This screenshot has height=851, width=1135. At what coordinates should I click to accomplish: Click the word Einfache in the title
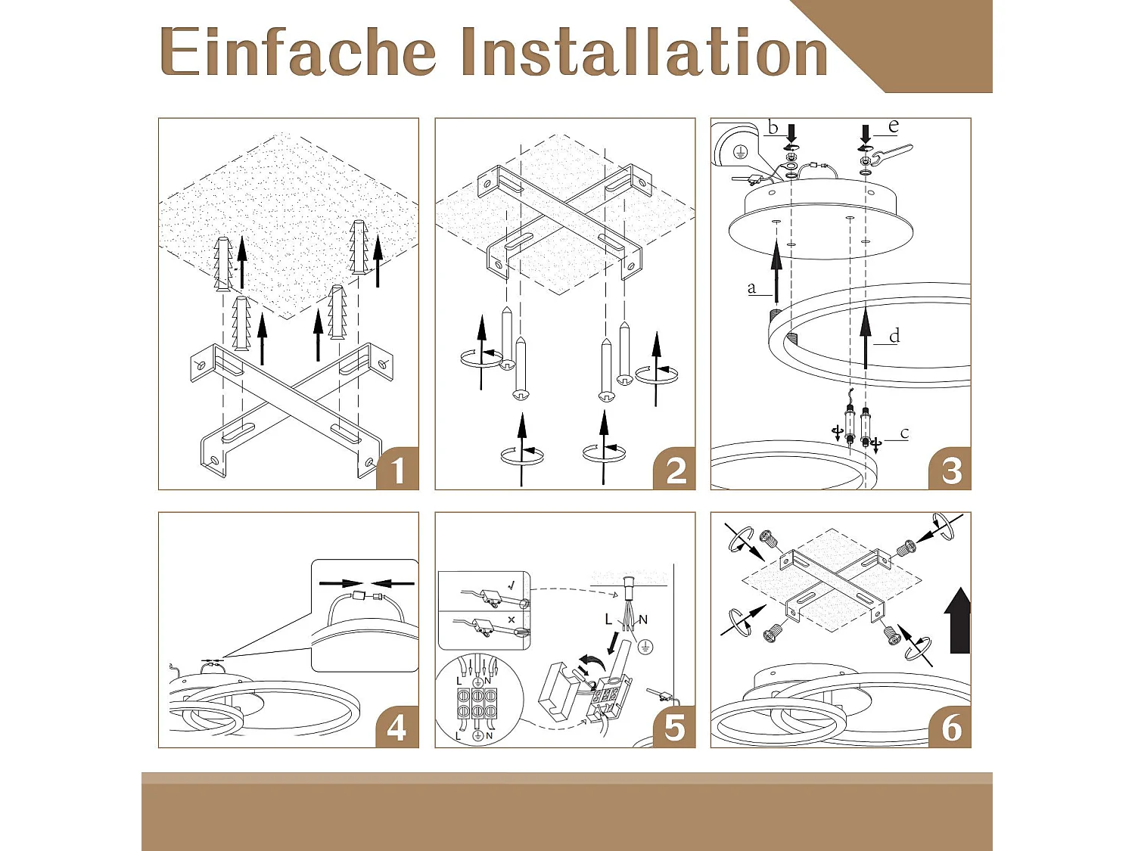(x=298, y=51)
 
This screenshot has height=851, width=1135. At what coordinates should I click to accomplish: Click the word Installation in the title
(x=645, y=51)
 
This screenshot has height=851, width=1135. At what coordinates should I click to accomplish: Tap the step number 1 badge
(x=397, y=469)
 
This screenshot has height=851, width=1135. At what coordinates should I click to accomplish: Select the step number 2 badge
(x=673, y=469)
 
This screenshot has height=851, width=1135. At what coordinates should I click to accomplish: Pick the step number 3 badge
(x=950, y=469)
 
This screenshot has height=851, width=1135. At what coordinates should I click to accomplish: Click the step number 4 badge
(x=397, y=727)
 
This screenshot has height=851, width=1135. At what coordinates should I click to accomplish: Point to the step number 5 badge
(x=673, y=727)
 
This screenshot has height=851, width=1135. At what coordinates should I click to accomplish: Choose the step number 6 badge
(x=950, y=727)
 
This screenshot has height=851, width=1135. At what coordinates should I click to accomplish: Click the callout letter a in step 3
(x=752, y=288)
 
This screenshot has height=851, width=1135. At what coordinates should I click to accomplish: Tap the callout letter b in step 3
(x=773, y=128)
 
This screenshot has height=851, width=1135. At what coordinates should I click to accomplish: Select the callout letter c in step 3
(x=904, y=433)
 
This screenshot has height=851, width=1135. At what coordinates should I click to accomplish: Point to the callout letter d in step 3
(x=894, y=336)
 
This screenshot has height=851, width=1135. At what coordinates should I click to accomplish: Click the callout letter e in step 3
(x=894, y=126)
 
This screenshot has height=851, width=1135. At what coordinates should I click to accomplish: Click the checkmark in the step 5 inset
(x=512, y=586)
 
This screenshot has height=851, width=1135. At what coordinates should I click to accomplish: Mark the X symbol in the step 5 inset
(x=512, y=619)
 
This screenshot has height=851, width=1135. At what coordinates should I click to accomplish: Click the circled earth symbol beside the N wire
(x=644, y=647)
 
